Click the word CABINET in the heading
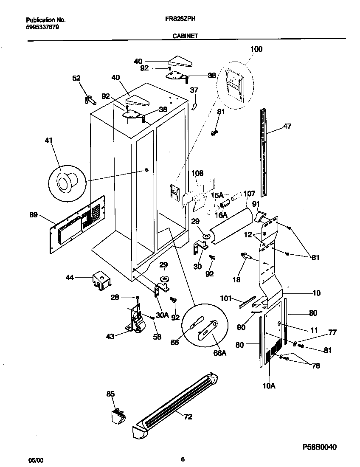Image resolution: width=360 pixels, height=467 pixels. tap(185, 37)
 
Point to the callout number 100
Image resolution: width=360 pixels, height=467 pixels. tap(256, 49)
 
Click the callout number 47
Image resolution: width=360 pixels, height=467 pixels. tap(287, 126)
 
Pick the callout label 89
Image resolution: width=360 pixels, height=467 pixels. tap(33, 215)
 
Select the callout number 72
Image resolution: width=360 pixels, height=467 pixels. tap(188, 417)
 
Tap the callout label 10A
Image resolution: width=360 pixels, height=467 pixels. tap(269, 385)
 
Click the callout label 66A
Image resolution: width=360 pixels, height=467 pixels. tap(219, 352)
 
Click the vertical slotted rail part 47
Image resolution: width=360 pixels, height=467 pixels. tap(264, 153)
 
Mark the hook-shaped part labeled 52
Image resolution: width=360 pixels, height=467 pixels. tap(90, 99)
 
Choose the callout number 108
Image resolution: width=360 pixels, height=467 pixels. tap(197, 173)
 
